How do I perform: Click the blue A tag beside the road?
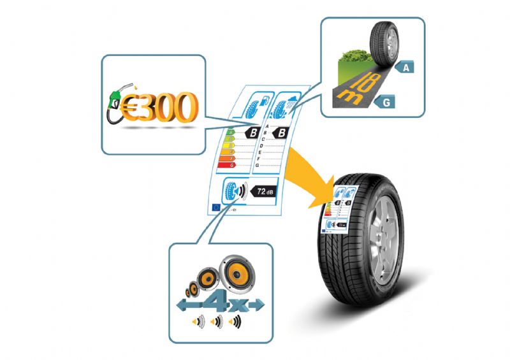coord(405,66)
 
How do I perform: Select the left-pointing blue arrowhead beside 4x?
coord(182,306)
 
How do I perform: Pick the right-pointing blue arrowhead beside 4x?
coord(258,306)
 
